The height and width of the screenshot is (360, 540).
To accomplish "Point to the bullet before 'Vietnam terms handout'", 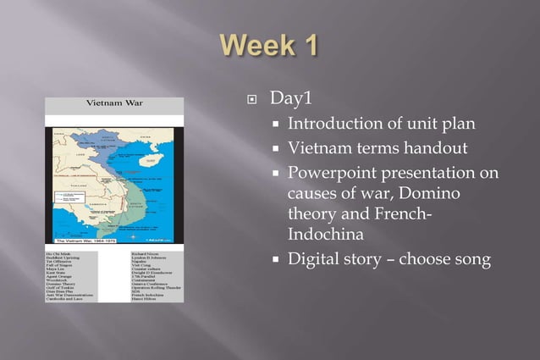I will [276, 150].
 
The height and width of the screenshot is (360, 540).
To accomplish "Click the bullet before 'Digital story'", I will [276, 260].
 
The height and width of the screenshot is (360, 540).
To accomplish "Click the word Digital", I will [315, 259].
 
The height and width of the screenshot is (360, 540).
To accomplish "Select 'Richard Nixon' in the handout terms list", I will [148, 252].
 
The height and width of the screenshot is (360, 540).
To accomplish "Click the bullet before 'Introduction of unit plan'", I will [276, 125].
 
